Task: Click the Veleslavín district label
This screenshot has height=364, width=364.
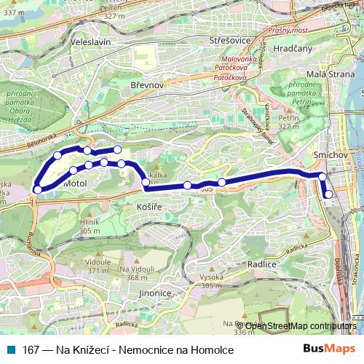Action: coord(90,43)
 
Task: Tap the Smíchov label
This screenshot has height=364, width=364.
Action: coord(330,156)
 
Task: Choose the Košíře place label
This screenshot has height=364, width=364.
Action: coord(149,207)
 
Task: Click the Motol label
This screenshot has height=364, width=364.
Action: coord(75,184)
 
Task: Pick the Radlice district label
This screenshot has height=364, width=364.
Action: coord(262,264)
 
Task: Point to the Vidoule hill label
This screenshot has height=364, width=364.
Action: coord(98,261)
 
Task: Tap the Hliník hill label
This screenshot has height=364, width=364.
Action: coord(90,222)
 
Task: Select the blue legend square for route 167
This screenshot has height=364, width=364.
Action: coord(12,350)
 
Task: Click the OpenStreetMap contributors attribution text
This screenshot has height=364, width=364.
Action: coord(301,326)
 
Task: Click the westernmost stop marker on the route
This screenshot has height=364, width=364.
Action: coord(38,190)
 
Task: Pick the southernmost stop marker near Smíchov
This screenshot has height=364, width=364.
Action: coord(328,194)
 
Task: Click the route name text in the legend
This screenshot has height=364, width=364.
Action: coord(128,350)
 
